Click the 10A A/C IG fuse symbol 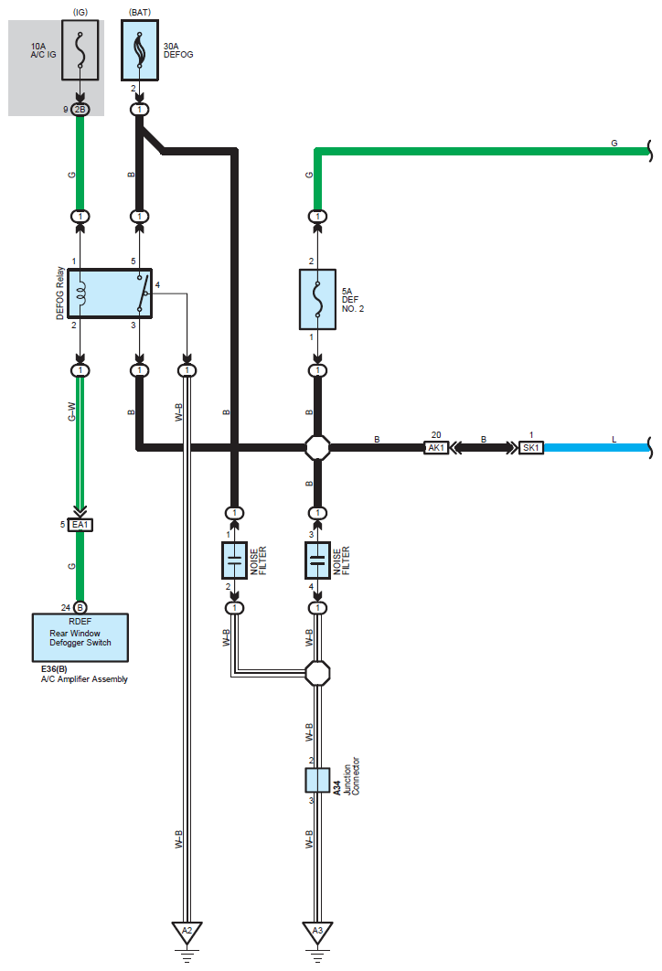pyautogui.click(x=80, y=50)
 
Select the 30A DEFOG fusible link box pyautogui.click(x=139, y=50)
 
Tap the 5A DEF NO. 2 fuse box pyautogui.click(x=317, y=299)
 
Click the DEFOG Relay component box pyautogui.click(x=110, y=293)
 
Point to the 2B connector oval pyautogui.click(x=80, y=110)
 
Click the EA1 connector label pyautogui.click(x=80, y=525)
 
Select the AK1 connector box pyautogui.click(x=436, y=447)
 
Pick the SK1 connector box pyautogui.click(x=530, y=447)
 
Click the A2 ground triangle pyautogui.click(x=187, y=932)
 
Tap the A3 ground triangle pyautogui.click(x=317, y=932)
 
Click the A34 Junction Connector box pyautogui.click(x=317, y=780)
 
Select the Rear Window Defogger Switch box pyautogui.click(x=80, y=638)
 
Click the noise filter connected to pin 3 pyautogui.click(x=317, y=560)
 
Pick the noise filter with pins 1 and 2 pyautogui.click(x=235, y=560)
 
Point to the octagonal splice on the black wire pyautogui.click(x=317, y=447)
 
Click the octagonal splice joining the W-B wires pyautogui.click(x=317, y=673)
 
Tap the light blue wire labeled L pyautogui.click(x=597, y=447)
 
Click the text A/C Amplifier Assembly pyautogui.click(x=84, y=679)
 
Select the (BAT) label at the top pyautogui.click(x=140, y=13)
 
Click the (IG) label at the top pyautogui.click(x=80, y=13)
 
